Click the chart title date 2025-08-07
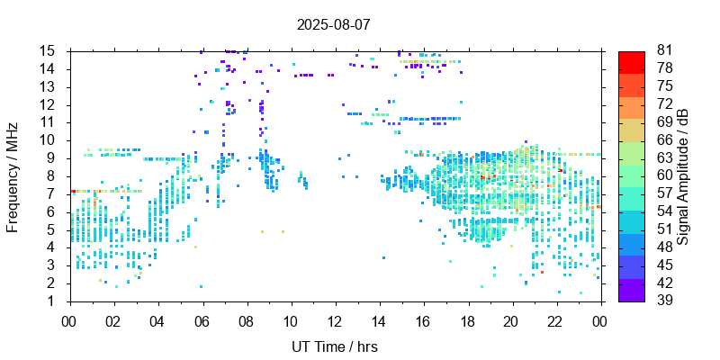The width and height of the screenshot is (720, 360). pyautogui.click(x=334, y=24)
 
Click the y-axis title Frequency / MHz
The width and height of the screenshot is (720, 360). pyautogui.click(x=13, y=175)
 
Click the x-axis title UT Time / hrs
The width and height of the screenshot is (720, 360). pyautogui.click(x=334, y=346)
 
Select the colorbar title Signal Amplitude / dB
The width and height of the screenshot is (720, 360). pyautogui.click(x=684, y=175)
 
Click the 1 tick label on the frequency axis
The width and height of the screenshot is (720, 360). pyautogui.click(x=54, y=301)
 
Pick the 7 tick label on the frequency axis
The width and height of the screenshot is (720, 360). pyautogui.click(x=54, y=193)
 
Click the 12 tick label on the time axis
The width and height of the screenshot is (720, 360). pyautogui.click(x=335, y=319)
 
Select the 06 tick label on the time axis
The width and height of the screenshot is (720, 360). pyautogui.click(x=202, y=319)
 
